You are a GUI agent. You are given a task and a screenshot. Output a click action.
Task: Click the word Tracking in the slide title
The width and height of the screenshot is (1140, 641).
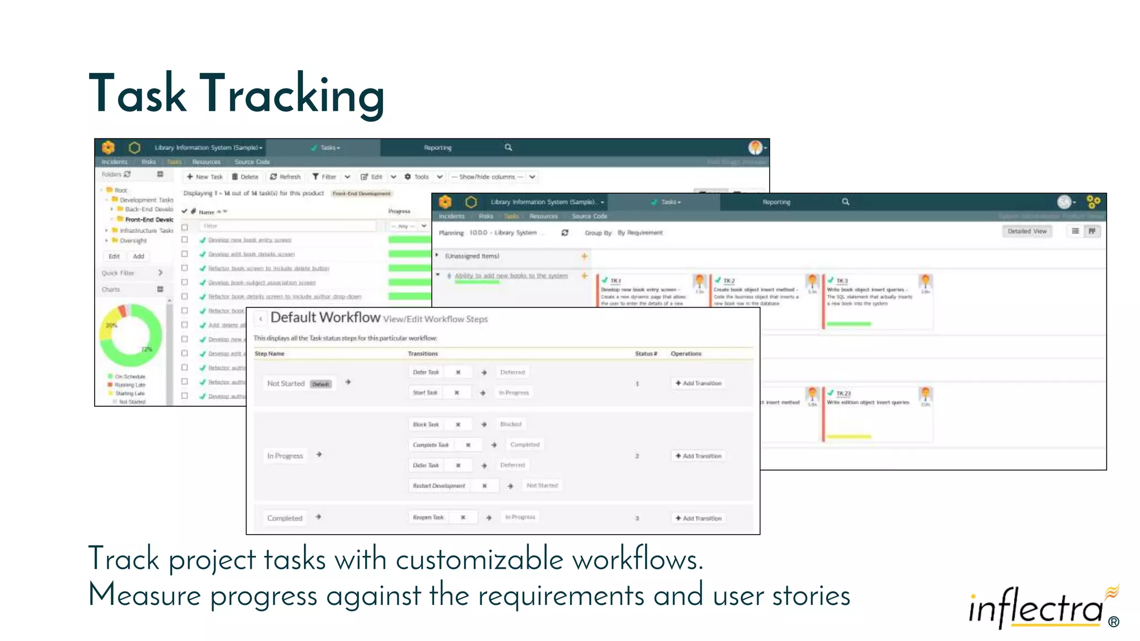tap(292, 93)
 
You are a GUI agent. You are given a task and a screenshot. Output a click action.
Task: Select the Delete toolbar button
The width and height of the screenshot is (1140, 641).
tap(245, 177)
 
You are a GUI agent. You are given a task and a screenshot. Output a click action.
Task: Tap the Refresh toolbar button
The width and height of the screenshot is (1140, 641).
tap(286, 177)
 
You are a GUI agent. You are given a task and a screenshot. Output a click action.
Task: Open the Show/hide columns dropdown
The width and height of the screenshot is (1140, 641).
tap(493, 177)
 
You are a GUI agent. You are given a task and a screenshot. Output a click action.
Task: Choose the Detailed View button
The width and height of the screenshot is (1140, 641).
tap(1026, 231)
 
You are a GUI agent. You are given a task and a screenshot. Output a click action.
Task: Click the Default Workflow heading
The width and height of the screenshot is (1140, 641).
tap(325, 318)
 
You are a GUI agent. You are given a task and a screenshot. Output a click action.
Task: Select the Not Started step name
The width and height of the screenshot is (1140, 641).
tap(286, 383)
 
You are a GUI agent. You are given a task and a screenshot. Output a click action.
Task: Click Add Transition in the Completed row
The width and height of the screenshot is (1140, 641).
tap(699, 518)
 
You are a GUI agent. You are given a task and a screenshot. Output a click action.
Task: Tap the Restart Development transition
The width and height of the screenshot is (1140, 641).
tap(439, 486)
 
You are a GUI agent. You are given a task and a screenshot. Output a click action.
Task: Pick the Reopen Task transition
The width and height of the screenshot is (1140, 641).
tap(428, 517)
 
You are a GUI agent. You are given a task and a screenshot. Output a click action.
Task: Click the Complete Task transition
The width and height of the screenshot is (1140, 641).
tap(430, 445)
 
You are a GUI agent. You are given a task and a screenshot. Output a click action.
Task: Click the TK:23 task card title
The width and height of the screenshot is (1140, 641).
tap(843, 393)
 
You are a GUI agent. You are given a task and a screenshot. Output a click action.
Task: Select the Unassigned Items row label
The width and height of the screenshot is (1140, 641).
tap(472, 256)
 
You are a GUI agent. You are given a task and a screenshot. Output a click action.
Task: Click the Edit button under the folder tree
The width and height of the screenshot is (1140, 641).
tap(114, 257)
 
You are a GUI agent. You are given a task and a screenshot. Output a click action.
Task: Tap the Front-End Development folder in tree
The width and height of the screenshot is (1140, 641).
tap(149, 220)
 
